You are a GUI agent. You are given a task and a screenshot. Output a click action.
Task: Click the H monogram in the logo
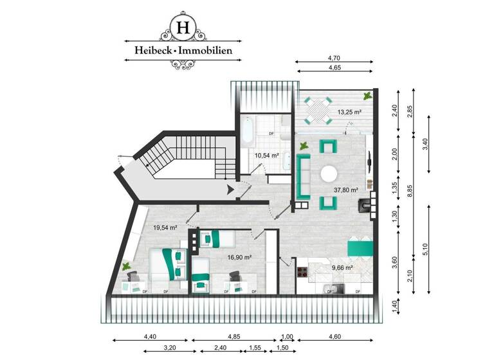183,28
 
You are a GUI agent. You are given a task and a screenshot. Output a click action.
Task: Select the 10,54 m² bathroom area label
266,156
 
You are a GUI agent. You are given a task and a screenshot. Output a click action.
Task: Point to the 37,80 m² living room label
346,190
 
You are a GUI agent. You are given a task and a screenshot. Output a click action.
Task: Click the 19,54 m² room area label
165,227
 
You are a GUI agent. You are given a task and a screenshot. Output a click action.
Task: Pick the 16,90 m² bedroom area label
239,257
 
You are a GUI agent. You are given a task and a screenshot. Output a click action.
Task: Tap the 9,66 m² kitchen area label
342,267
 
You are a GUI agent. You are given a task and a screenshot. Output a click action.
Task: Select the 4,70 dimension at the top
334,58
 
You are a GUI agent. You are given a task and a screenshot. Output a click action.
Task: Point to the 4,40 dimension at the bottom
149,336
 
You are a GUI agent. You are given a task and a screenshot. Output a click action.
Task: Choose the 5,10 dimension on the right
429,249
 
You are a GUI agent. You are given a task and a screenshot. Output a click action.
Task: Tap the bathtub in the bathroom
247,134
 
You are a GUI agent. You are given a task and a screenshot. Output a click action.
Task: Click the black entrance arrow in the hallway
231,189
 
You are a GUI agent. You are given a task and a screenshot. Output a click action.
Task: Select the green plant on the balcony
367,96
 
